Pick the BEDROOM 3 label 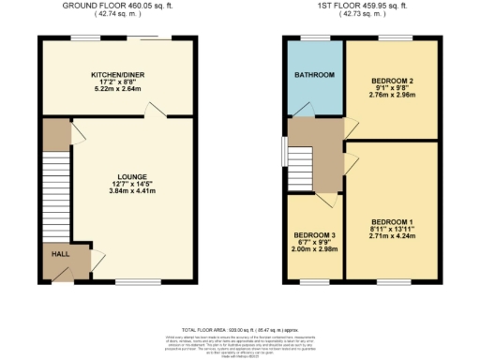coord(314,234)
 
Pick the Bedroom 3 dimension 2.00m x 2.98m coord(314,249)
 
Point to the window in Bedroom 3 coord(314,280)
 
